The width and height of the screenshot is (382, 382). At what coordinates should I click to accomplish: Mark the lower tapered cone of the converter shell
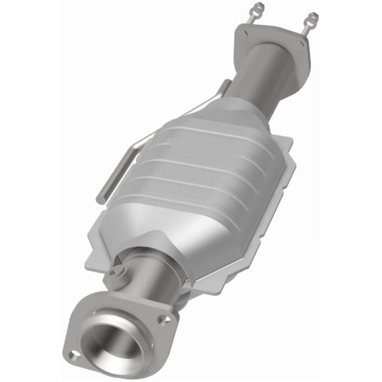(146, 236)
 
